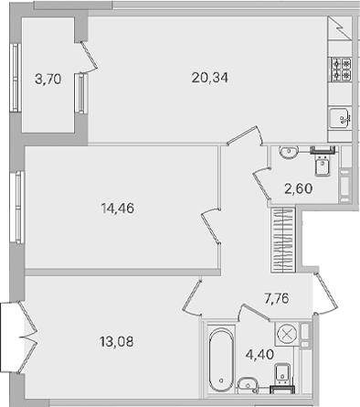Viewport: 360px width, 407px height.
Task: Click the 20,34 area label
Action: click(210, 78)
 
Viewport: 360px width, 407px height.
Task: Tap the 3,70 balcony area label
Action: click(48, 80)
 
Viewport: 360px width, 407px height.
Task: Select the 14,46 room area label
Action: click(117, 209)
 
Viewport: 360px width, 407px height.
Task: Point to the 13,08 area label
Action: click(116, 342)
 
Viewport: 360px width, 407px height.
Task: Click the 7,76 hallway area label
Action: click(277, 298)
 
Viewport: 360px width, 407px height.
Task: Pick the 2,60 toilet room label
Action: click(299, 188)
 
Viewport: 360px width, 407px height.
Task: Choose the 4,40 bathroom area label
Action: click(259, 355)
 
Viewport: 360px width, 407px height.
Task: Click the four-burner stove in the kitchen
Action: click(341, 70)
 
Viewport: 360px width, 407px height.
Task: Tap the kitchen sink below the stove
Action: click(340, 119)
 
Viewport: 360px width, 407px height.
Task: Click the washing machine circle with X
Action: click(287, 333)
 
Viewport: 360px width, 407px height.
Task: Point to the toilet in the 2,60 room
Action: click(323, 165)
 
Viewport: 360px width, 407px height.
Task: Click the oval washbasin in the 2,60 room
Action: click(288, 152)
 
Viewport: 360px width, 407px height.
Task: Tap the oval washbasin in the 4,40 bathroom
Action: click(248, 384)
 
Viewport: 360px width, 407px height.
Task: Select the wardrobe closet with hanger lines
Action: click(283, 240)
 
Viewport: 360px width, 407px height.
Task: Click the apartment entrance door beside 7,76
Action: click(326, 294)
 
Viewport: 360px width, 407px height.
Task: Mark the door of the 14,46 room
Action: click(210, 226)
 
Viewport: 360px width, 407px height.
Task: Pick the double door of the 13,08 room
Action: click(28, 337)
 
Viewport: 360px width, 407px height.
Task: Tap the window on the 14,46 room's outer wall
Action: click(17, 207)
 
